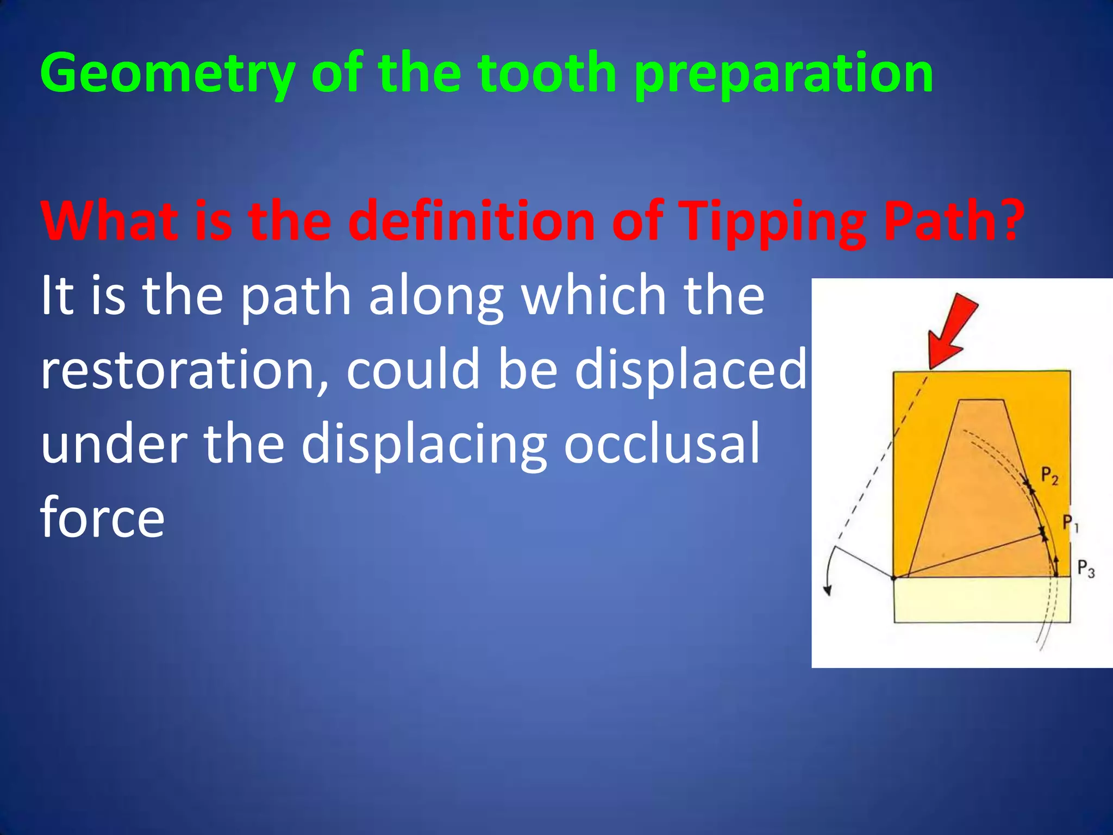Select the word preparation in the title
coord(783,73)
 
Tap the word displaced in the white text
coord(690,370)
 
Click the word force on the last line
coord(102,518)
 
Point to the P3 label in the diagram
coord(1085,569)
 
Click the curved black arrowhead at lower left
coord(828,590)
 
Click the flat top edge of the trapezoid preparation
coord(981,401)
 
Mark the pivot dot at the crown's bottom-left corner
coord(895,578)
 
